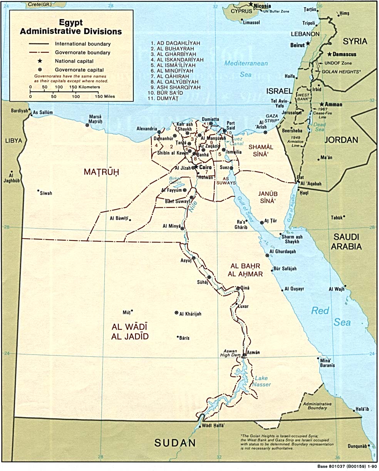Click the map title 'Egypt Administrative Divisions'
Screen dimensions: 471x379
tap(71, 27)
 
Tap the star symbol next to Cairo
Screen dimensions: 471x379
tap(195, 167)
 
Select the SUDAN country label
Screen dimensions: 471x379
tap(175, 443)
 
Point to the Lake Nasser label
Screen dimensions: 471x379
tap(262, 381)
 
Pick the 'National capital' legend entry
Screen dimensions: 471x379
tap(74, 61)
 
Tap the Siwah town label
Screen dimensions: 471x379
tap(46, 193)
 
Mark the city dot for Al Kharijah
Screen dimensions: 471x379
tap(177, 313)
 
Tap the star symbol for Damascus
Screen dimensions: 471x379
tap(330, 54)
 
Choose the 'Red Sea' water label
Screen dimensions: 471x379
tap(331, 316)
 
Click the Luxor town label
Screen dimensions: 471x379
tap(244, 306)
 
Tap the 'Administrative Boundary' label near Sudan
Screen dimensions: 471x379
tap(317, 406)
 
